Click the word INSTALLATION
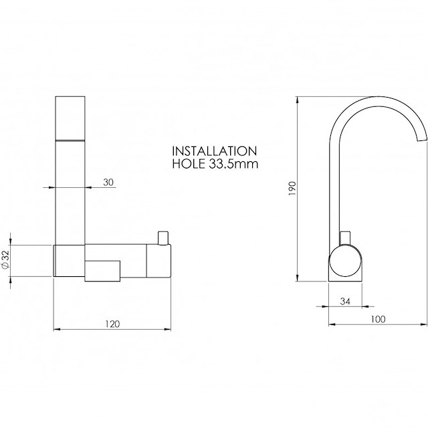[215, 151]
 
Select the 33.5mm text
[233, 164]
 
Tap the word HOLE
[189, 164]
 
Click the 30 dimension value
[108, 182]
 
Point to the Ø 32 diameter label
[6, 259]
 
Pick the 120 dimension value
[112, 324]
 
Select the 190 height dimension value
[292, 188]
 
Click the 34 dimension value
[345, 302]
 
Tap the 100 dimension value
[378, 319]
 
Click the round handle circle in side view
[346, 261]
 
